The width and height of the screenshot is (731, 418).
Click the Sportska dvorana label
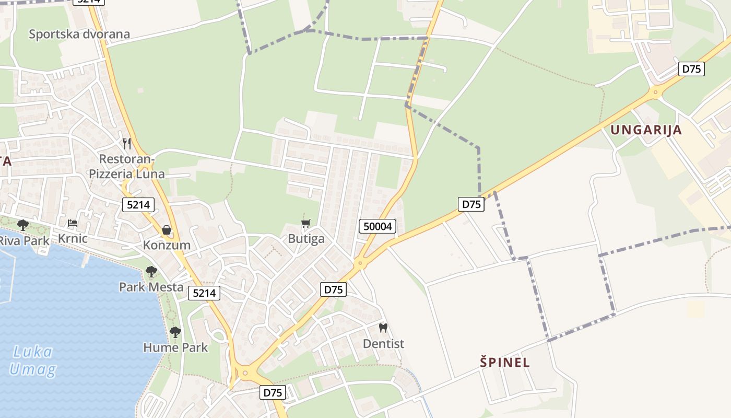tap(79, 34)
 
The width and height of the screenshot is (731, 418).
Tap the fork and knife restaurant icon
tap(126, 143)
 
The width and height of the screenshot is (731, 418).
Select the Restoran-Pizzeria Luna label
tap(127, 166)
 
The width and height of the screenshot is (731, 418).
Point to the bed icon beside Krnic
tap(73, 223)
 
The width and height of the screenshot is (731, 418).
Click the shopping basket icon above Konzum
tap(167, 229)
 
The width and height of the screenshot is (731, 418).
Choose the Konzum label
tap(167, 245)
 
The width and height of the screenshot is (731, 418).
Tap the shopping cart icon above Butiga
tap(306, 223)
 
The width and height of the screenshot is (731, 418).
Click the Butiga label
tap(306, 239)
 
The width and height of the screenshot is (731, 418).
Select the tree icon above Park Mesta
tap(151, 272)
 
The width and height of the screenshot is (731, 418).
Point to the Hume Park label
tap(175, 347)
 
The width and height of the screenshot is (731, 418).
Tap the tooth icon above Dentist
tap(383, 328)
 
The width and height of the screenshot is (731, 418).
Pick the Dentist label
tap(384, 344)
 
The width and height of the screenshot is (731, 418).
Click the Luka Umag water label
tap(32, 361)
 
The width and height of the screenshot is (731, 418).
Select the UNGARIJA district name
tap(646, 130)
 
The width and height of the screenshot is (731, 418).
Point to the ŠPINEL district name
tap(505, 362)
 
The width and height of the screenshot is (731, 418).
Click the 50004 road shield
tap(378, 226)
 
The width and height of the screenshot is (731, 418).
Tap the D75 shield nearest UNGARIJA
tap(691, 69)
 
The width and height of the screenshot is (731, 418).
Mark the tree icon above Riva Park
tap(23, 225)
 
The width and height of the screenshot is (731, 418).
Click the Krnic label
tap(73, 239)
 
